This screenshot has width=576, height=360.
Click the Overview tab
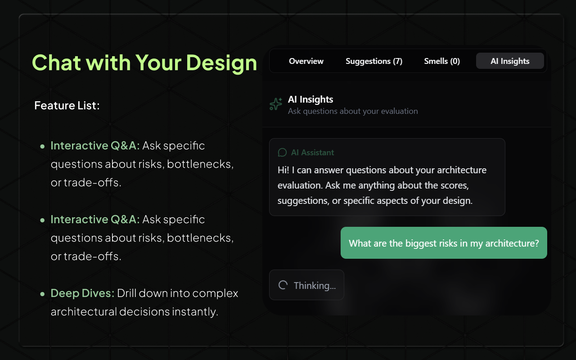click(306, 61)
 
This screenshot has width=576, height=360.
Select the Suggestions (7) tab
click(374, 61)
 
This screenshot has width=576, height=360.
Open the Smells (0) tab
click(442, 61)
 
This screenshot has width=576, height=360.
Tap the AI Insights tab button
click(510, 61)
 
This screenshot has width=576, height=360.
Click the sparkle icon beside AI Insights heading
click(276, 104)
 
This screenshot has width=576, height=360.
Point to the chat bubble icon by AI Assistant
click(282, 153)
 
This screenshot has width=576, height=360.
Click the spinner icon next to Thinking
click(283, 285)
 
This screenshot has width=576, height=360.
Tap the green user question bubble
click(444, 243)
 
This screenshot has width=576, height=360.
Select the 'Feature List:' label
click(67, 106)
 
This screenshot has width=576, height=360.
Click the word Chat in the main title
click(56, 62)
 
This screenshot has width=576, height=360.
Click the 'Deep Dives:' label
click(83, 293)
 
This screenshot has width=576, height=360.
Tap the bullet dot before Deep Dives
click(42, 294)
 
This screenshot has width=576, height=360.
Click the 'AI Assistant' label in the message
click(312, 153)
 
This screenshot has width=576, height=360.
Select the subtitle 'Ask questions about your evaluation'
click(353, 111)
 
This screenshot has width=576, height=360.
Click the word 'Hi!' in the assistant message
click(283, 170)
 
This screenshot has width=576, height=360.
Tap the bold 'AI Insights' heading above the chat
click(310, 99)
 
